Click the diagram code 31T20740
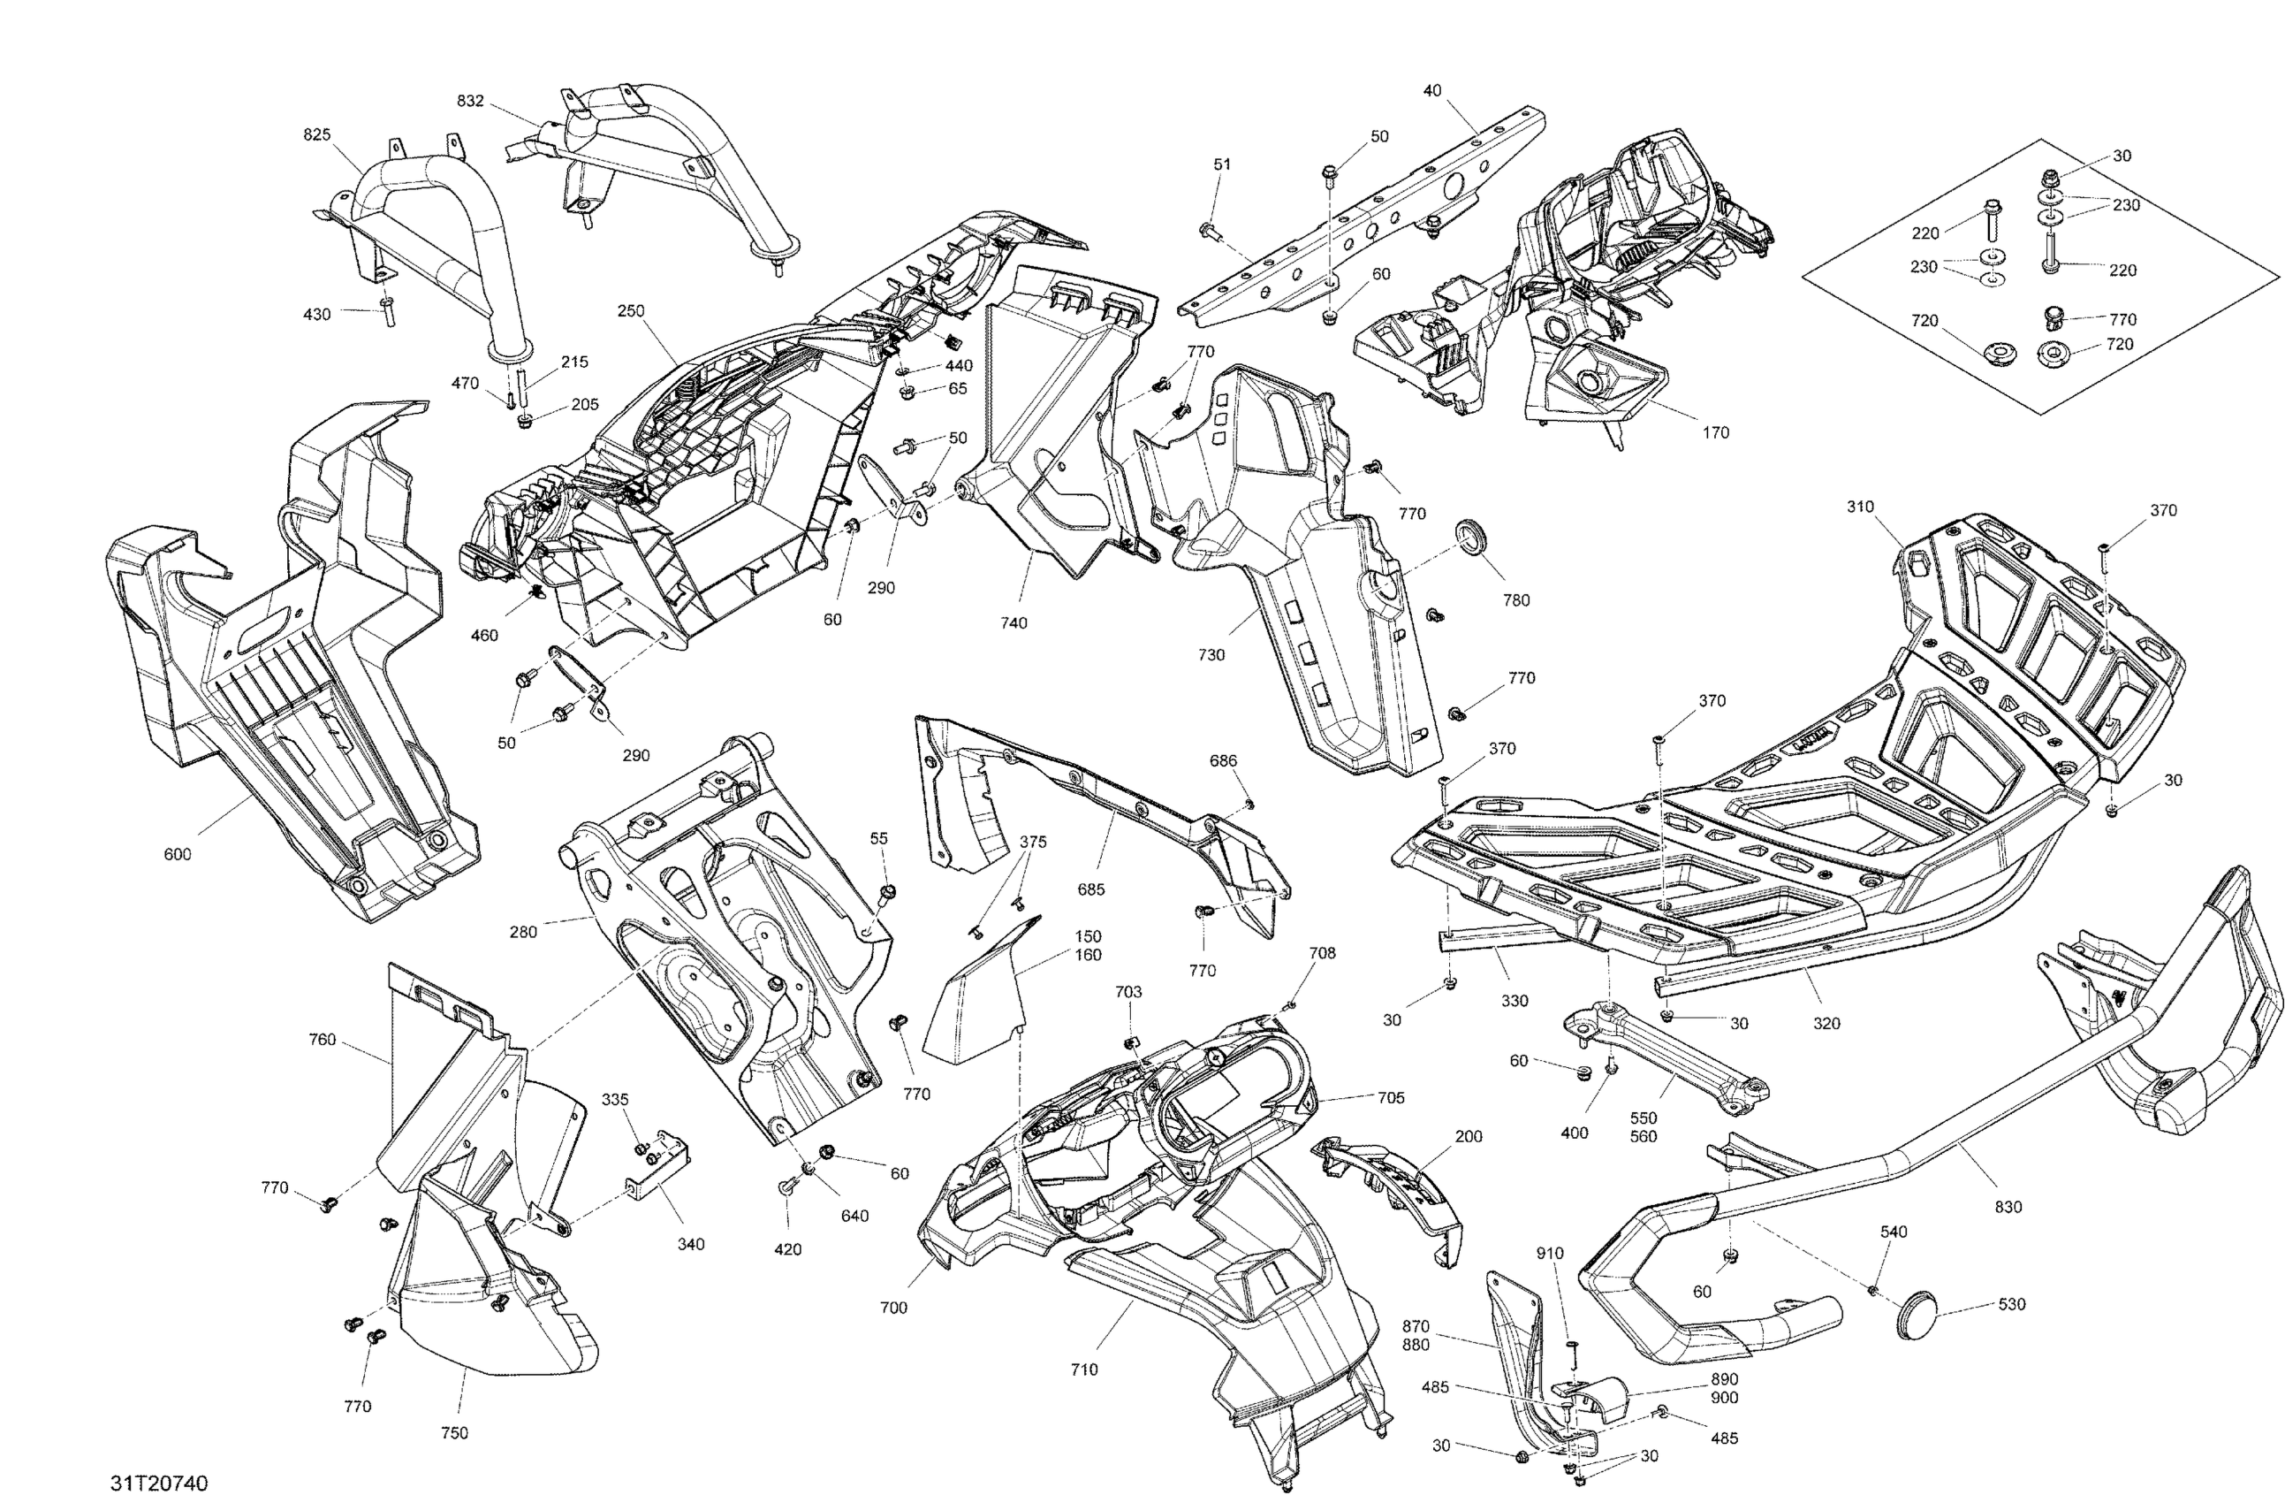(x=159, y=1484)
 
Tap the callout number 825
(x=317, y=135)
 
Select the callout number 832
(x=469, y=101)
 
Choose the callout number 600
(x=178, y=855)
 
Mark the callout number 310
(x=1860, y=506)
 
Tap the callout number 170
(x=1716, y=432)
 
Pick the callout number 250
(x=631, y=310)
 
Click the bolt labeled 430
(x=389, y=312)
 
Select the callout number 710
(x=1084, y=1370)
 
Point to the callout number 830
(x=2008, y=1207)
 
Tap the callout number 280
(x=523, y=932)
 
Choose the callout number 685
(x=1090, y=889)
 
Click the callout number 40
(x=1431, y=90)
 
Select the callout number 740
(x=1013, y=622)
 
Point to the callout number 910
(x=1550, y=1254)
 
